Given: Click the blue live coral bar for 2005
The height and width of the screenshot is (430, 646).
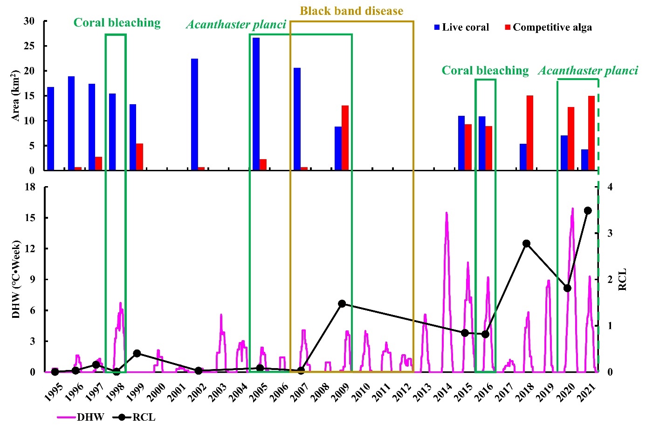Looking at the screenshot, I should click(x=256, y=104).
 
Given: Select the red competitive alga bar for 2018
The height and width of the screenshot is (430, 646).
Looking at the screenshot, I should click(x=530, y=133).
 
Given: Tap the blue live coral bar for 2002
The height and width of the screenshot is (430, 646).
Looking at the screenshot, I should click(x=194, y=114).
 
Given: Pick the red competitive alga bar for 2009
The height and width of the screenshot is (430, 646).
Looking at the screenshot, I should click(x=345, y=138).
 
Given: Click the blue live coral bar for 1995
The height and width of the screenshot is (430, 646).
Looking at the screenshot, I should click(x=50, y=128).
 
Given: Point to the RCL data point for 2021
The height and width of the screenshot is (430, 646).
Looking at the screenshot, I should click(x=588, y=211).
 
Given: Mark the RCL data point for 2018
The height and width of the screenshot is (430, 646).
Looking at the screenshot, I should click(x=526, y=243).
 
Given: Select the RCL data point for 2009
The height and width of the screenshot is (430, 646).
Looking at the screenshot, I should click(x=342, y=303).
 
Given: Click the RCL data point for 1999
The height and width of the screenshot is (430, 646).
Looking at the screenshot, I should click(x=137, y=353).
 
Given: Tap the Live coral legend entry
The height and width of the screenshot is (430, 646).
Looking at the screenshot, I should click(x=461, y=27).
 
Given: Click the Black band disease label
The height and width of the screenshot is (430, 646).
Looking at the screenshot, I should click(x=351, y=11).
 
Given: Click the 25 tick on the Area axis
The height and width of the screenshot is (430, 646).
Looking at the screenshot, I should click(x=29, y=46).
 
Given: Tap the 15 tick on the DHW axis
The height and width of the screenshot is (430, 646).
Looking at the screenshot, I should click(x=29, y=218).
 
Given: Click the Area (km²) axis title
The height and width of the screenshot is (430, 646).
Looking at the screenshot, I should click(x=15, y=96).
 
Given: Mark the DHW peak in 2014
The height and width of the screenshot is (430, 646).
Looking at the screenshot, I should click(x=447, y=213).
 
